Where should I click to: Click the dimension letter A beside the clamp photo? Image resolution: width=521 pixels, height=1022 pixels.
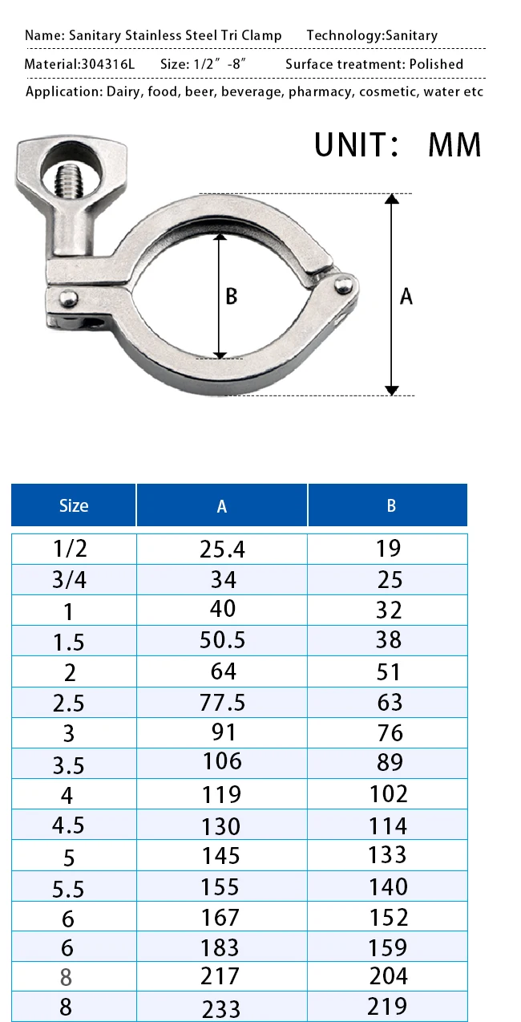pyautogui.click(x=406, y=296)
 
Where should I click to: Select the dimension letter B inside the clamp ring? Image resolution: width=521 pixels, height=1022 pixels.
pyautogui.click(x=231, y=296)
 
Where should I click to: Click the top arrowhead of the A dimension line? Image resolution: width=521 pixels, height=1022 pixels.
pyautogui.click(x=391, y=200)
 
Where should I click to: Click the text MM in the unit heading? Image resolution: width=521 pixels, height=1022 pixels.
pyautogui.click(x=454, y=145)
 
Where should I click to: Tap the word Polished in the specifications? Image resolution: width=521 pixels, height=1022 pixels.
pyautogui.click(x=434, y=64)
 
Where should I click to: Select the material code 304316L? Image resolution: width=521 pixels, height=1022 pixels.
pyautogui.click(x=108, y=64)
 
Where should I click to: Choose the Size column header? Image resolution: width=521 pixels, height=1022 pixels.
pyautogui.click(x=74, y=505)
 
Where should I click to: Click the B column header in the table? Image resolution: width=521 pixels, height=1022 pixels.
pyautogui.click(x=390, y=505)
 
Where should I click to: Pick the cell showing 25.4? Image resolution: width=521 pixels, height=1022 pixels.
pyautogui.click(x=221, y=549)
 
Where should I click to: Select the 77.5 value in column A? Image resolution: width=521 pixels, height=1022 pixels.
pyautogui.click(x=221, y=703)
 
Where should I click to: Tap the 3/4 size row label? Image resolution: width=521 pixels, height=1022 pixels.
pyautogui.click(x=69, y=580)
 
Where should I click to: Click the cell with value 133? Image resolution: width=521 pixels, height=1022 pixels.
pyautogui.click(x=388, y=854)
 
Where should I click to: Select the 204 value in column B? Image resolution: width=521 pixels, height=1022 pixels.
pyautogui.click(x=388, y=976)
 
